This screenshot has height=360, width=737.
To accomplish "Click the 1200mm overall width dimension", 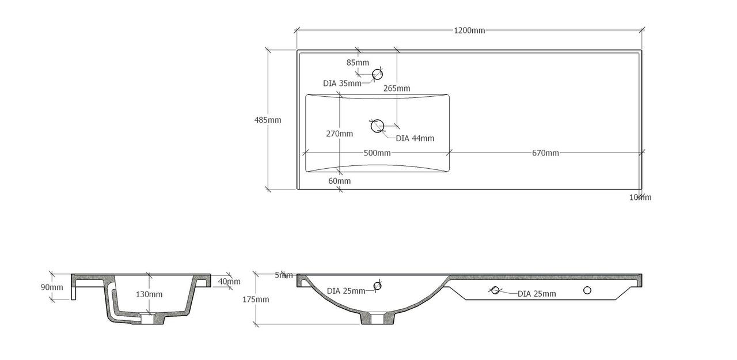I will click(x=469, y=31).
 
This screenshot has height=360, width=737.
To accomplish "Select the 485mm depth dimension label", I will click(x=268, y=120).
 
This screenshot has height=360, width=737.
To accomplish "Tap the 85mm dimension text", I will click(x=358, y=62).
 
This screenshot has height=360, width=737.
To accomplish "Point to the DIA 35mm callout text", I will click(x=342, y=84).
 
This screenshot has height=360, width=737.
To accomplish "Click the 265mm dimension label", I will click(x=397, y=88).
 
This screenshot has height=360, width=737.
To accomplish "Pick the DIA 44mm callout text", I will click(x=415, y=138).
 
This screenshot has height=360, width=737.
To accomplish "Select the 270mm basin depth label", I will click(x=340, y=134).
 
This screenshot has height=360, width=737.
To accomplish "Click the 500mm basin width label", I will click(x=377, y=153).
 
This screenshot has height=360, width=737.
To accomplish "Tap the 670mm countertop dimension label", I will click(x=545, y=153).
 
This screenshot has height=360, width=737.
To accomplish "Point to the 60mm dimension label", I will click(x=340, y=181).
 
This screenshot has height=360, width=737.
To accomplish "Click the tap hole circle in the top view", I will click(x=378, y=74).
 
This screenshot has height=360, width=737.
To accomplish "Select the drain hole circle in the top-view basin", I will click(x=378, y=126).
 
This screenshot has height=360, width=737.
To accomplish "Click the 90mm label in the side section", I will click(x=52, y=287).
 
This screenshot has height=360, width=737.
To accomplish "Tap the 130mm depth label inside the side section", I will click(x=149, y=294).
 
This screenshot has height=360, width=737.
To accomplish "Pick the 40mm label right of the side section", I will click(x=229, y=282).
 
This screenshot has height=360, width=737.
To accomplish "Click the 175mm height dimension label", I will click(x=255, y=300).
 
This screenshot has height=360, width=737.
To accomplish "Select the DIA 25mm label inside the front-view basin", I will click(x=346, y=291).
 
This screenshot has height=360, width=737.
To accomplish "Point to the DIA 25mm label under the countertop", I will click(x=537, y=294).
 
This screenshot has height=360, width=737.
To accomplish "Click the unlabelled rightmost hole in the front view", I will click(x=587, y=290).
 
